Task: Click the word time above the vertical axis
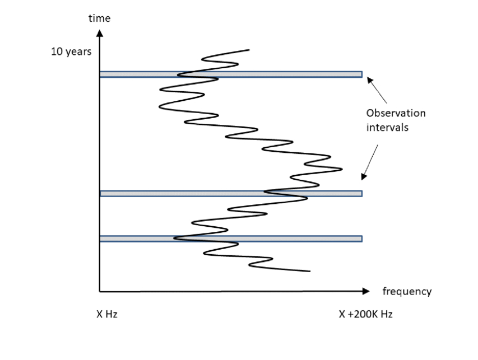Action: click(x=100, y=18)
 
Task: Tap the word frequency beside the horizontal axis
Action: click(x=407, y=291)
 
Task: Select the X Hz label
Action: click(x=106, y=314)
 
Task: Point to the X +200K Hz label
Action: click(x=365, y=314)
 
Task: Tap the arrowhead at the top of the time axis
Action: click(x=100, y=34)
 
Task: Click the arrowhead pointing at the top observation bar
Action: click(x=369, y=80)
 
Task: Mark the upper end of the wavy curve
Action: click(x=249, y=50)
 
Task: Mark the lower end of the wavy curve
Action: click(x=310, y=272)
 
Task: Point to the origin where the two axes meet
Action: click(x=100, y=291)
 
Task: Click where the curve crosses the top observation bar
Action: click(x=185, y=74)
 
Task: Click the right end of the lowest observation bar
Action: click(x=361, y=239)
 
